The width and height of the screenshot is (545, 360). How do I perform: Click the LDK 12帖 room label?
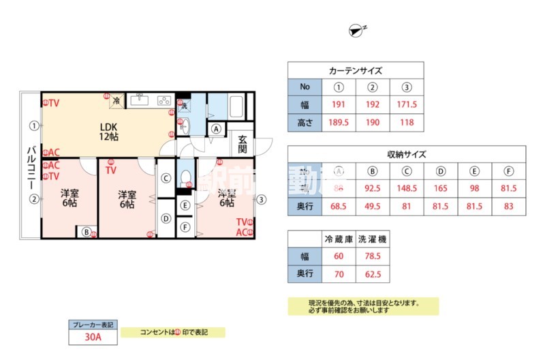pos(109,132)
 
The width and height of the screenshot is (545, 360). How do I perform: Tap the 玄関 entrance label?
pos(243,145)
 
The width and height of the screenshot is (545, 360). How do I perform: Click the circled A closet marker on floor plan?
pos(216,129)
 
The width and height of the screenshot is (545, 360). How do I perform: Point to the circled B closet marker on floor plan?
pos(87,232)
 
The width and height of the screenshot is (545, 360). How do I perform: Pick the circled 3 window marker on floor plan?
pos(262,199)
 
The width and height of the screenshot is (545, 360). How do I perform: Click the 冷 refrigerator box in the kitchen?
pos(116,100)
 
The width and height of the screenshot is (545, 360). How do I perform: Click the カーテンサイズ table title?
pos(356,70)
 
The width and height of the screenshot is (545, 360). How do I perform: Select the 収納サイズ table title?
pos(407,154)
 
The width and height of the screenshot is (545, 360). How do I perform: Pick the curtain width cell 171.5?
pos(407,105)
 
